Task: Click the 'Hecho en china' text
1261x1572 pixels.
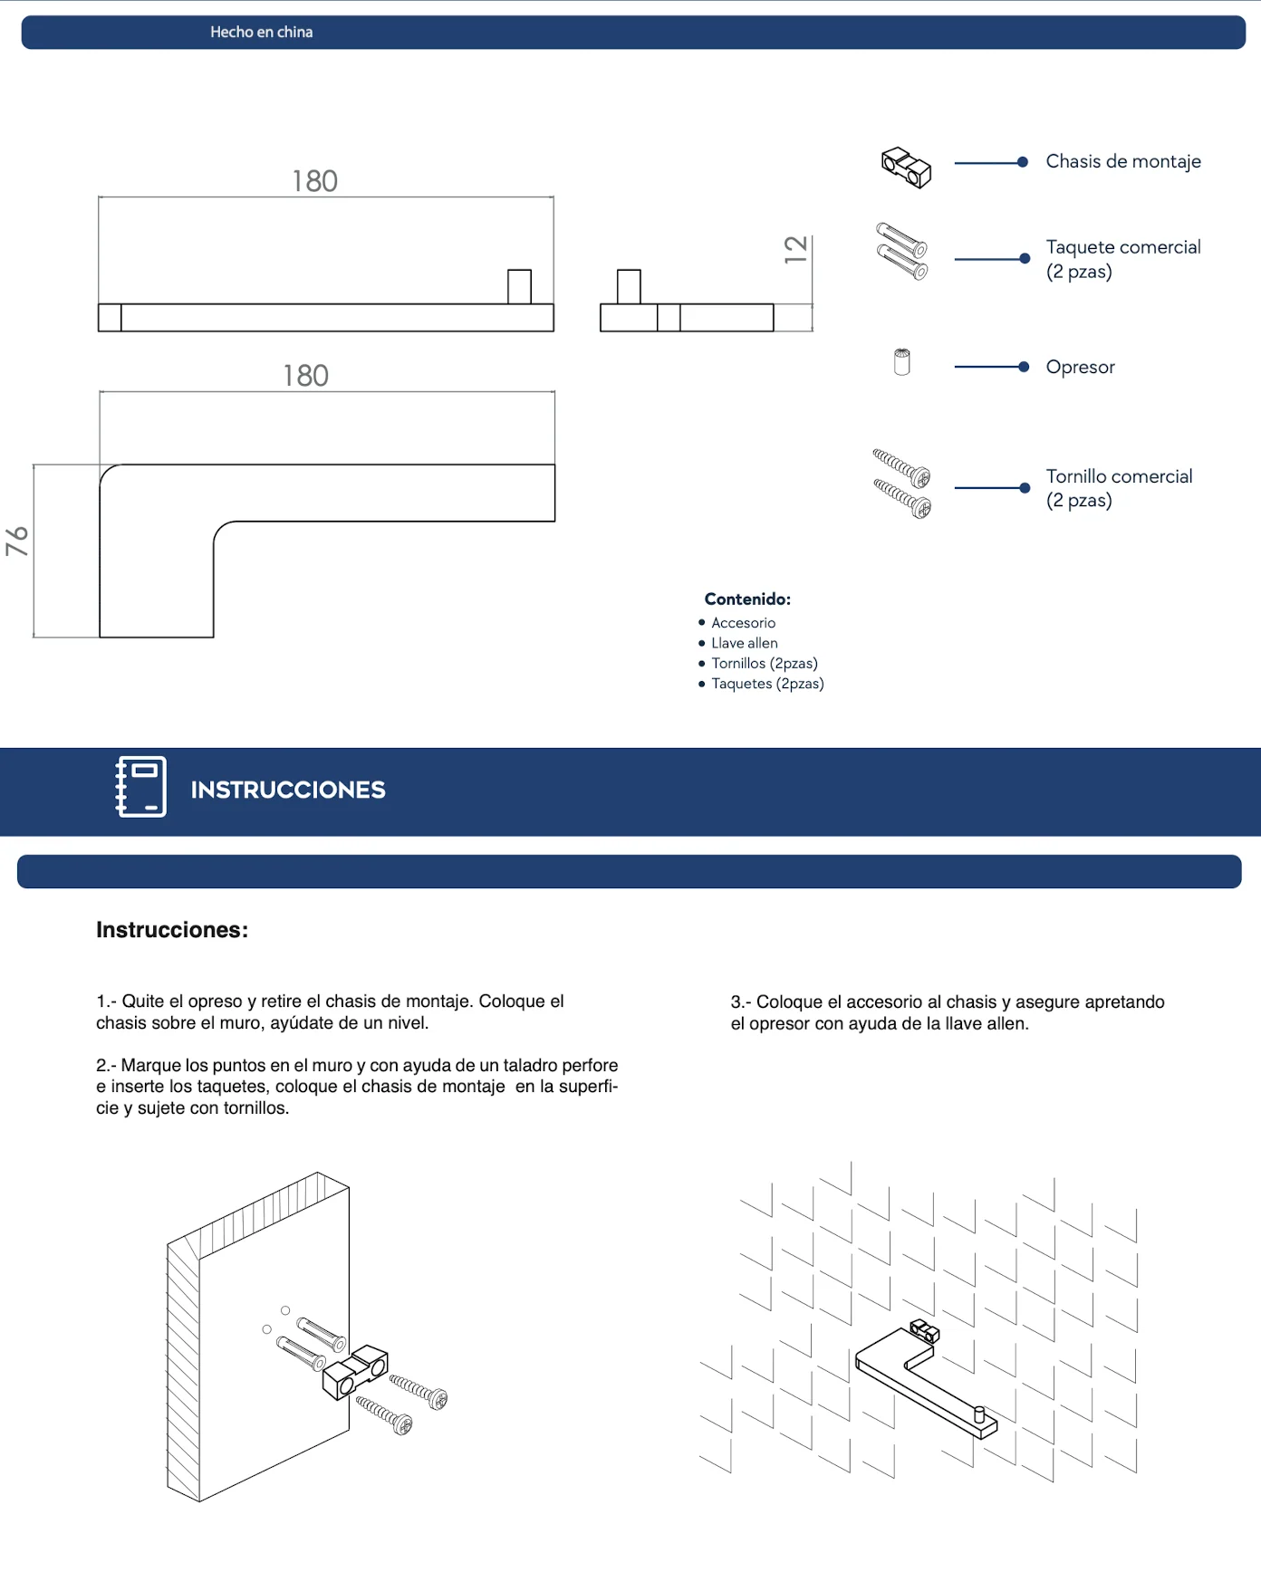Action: pos(262,32)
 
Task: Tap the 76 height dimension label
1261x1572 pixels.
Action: pos(17,541)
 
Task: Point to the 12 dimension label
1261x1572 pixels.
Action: pos(795,249)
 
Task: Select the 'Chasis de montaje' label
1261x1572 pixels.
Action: pos(1123,161)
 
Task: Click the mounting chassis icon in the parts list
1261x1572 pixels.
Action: pos(906,167)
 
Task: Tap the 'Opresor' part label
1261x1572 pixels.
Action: pos(1080,367)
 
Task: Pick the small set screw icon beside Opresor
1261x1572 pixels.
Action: pos(901,362)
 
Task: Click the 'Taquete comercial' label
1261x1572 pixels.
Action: pos(1123,247)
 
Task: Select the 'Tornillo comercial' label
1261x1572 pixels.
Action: pos(1119,476)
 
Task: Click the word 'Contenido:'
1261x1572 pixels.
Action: pos(747,599)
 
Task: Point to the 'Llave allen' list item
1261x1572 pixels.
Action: pos(745,643)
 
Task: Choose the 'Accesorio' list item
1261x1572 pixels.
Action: pos(744,623)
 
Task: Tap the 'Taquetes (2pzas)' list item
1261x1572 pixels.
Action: pos(767,684)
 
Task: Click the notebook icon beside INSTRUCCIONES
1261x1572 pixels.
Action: pos(141,787)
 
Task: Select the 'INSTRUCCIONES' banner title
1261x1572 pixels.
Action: pos(288,790)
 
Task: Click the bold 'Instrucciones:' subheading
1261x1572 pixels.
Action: pos(172,930)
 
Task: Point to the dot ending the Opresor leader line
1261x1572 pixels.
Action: pos(1024,367)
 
